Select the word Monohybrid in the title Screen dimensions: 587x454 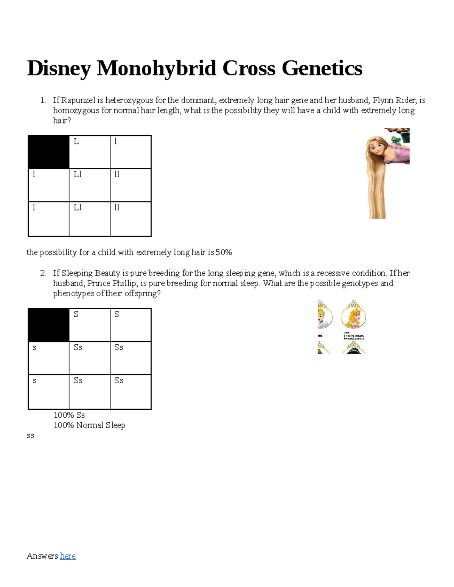coord(156,69)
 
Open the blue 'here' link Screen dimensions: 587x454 coord(68,556)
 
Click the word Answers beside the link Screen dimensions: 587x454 coord(42,556)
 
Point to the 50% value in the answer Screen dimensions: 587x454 coord(224,252)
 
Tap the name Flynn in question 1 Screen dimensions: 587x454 coord(382,100)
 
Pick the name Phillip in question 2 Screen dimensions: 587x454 coord(124,283)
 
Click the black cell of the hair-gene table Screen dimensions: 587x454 coord(49,152)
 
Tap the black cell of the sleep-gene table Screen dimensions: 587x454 coord(49,325)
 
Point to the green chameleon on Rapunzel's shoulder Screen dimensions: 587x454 coord(397,138)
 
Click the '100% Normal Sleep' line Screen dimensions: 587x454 coord(89,425)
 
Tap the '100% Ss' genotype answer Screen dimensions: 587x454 coord(69,415)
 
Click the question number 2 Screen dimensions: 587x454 coord(43,273)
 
